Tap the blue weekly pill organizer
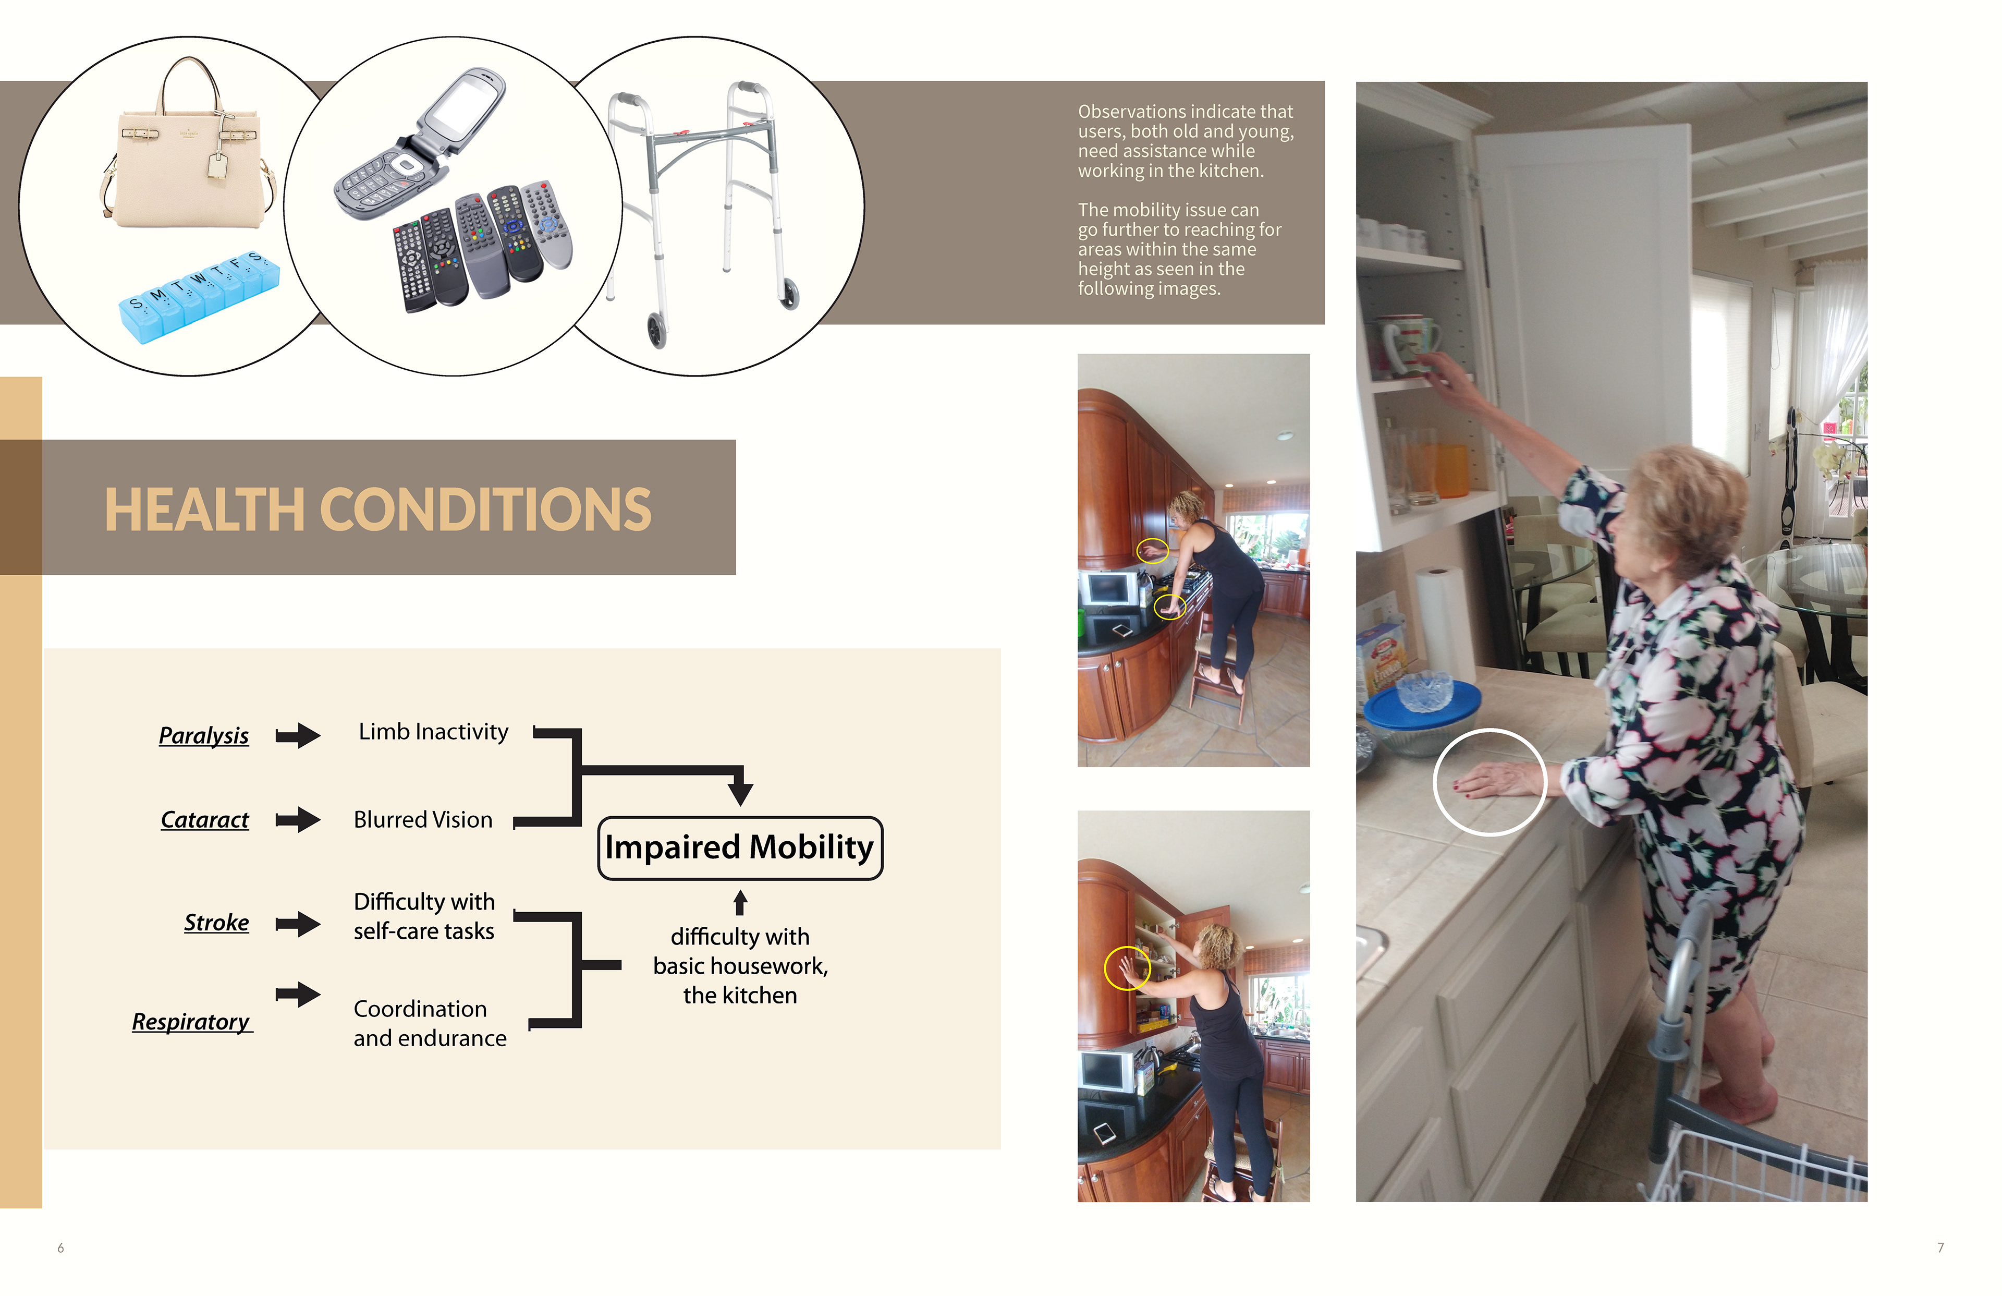click(199, 296)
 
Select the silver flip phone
click(421, 143)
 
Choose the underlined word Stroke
click(216, 923)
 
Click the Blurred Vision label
click(423, 820)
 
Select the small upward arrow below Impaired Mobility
click(740, 902)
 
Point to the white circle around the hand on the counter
click(1490, 782)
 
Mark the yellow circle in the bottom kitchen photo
click(1126, 968)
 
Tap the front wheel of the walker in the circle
click(656, 331)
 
